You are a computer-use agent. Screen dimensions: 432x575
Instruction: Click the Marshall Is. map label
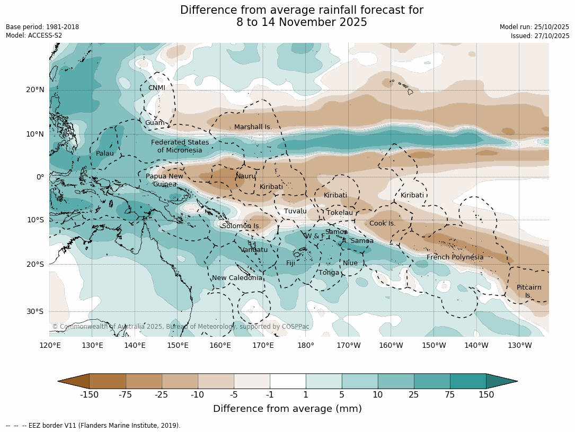253,127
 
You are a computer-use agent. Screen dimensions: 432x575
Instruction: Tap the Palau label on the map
104,154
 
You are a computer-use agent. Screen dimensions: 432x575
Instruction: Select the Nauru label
246,176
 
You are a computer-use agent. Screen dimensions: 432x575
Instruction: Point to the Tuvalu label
295,211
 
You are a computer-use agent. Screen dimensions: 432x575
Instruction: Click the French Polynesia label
455,257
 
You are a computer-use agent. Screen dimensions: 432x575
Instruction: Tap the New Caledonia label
237,278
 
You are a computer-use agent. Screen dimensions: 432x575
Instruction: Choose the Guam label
155,123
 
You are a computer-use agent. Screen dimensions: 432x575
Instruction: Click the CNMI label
156,88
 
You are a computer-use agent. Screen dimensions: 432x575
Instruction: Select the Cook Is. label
382,223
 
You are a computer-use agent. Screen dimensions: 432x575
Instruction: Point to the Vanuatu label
254,250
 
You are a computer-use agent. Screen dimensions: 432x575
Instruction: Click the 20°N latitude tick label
35,89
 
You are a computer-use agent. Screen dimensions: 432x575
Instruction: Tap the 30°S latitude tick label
35,311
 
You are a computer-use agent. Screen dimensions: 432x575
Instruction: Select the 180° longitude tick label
306,346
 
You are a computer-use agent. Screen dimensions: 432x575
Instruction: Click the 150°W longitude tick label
434,346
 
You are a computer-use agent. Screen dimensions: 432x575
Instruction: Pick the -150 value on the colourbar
90,394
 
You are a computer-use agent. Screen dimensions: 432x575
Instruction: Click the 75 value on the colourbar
450,394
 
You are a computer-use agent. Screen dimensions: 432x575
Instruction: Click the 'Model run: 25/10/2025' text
534,27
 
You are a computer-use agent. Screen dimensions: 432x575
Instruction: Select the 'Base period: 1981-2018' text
42,27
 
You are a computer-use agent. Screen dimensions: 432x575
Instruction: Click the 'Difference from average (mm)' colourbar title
287,409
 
